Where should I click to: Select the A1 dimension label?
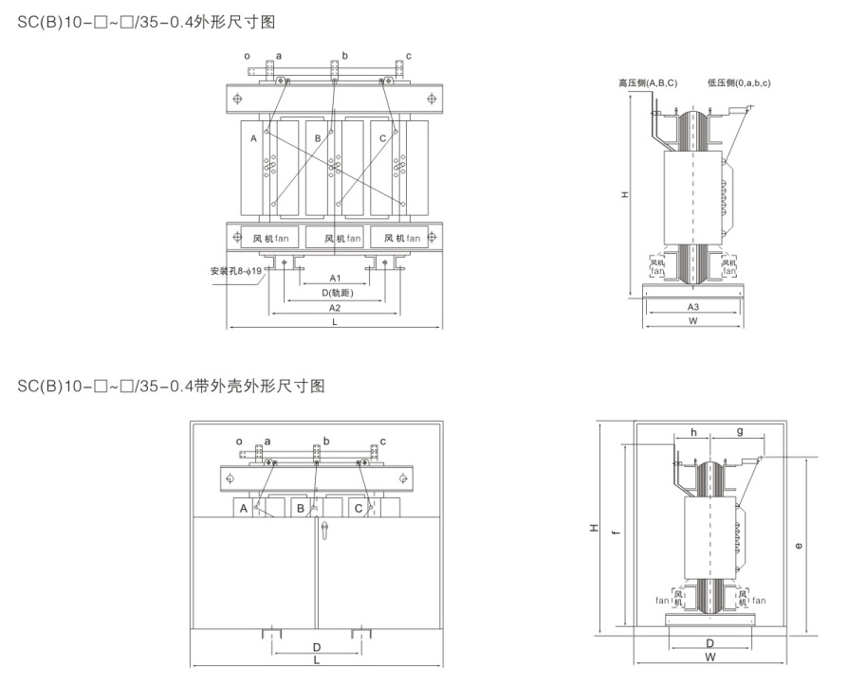coord(335,279)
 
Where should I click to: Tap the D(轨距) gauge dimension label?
coord(335,293)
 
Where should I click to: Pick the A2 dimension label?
coord(335,308)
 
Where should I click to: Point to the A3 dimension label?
coord(693,307)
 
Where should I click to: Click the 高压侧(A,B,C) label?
coord(647,83)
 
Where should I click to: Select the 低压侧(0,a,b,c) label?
coord(738,83)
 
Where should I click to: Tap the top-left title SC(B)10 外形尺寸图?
coord(147,20)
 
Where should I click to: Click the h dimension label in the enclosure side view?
coord(693,432)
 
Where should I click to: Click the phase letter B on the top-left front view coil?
coord(318,138)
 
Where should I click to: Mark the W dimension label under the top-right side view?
coord(693,321)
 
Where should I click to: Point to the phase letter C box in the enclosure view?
coord(358,509)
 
